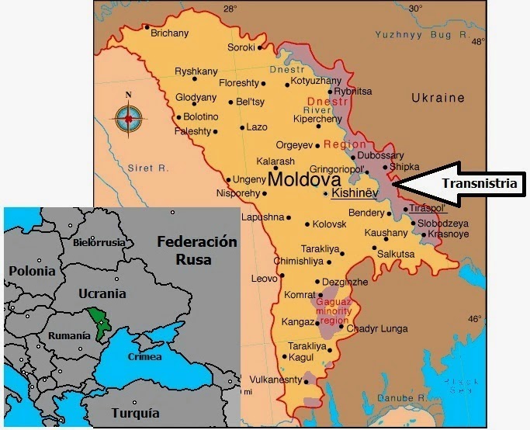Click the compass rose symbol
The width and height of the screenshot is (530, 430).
coord(130,119)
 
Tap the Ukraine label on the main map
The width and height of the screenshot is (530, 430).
coord(438,99)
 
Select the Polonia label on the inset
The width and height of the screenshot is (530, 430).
coord(32,271)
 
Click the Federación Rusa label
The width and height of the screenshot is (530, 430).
coord(196,250)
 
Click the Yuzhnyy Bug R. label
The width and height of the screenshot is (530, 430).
coord(414,35)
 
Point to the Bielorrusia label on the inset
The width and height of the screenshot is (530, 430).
coord(99,242)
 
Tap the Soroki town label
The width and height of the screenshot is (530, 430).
coord(241,47)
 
